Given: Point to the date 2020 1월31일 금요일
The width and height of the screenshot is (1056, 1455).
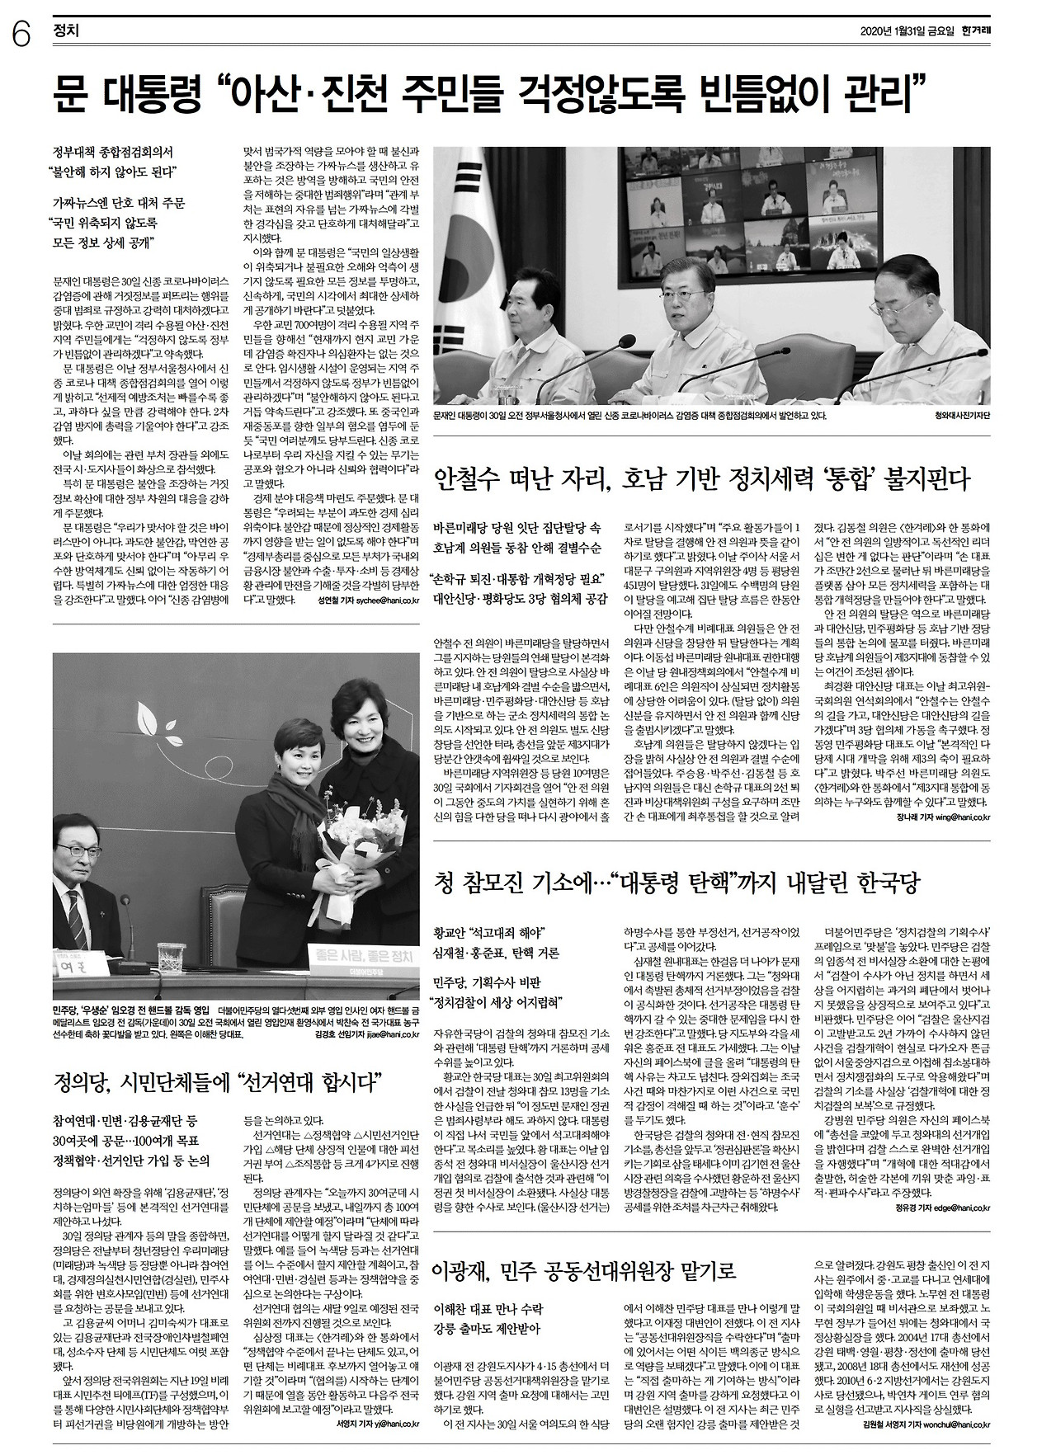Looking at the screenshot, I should [x=907, y=31].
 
